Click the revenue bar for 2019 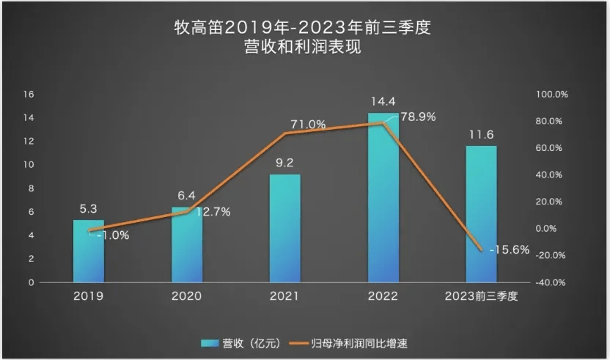(88, 251)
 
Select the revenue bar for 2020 (187, 246)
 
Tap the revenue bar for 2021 (285, 228)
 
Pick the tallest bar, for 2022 (383, 198)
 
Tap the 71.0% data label (308, 125)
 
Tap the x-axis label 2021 (285, 296)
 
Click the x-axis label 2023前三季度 (482, 296)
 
